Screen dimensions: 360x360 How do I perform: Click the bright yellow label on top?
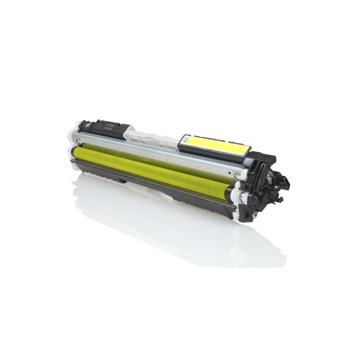[215, 144]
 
